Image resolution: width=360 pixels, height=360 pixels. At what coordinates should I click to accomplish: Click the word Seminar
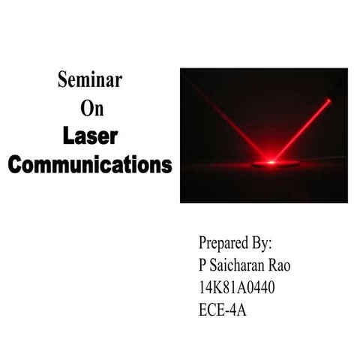click(x=90, y=80)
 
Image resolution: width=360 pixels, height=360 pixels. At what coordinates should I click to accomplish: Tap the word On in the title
click(x=91, y=109)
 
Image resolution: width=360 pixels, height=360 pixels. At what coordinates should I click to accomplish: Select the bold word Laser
click(x=90, y=136)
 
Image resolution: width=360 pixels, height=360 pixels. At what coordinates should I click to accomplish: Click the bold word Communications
click(x=90, y=164)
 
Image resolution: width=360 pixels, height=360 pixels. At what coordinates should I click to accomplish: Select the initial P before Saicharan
click(x=202, y=265)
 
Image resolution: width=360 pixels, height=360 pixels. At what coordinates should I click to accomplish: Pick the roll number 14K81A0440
click(x=238, y=286)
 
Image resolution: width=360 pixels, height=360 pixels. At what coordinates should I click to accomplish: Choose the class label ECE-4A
click(x=222, y=308)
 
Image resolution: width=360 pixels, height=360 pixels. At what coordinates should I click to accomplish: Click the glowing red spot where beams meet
click(x=274, y=160)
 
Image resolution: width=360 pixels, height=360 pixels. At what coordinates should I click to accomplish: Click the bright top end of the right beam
click(x=328, y=100)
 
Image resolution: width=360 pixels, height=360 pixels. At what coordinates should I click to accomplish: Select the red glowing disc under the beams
click(x=275, y=163)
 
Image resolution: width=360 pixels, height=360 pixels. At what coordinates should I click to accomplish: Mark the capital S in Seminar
click(x=62, y=80)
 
